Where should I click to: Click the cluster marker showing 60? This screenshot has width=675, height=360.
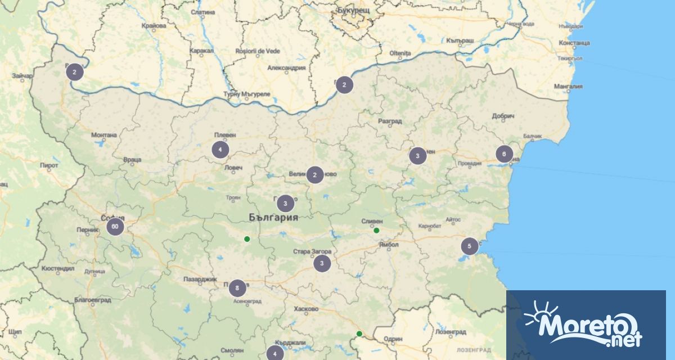(x=115, y=227)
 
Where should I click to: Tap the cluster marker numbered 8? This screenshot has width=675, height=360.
(x=237, y=288)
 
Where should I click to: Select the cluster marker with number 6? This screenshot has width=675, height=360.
(x=504, y=154)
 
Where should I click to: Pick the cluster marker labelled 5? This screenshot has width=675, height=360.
(x=469, y=246)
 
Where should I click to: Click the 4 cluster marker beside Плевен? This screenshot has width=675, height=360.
(x=220, y=150)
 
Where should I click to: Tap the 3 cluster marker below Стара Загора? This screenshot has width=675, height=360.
(x=322, y=263)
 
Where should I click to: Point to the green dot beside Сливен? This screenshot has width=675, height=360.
(x=376, y=230)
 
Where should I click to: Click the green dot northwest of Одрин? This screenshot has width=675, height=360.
(x=359, y=334)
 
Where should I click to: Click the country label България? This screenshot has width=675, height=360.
(x=273, y=217)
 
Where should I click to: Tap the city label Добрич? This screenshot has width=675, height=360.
(x=503, y=116)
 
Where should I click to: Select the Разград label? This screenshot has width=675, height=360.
(x=390, y=121)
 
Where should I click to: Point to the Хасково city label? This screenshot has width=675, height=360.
(x=306, y=309)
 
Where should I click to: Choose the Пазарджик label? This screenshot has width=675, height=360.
(x=200, y=279)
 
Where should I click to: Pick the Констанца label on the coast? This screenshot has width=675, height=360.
(x=574, y=43)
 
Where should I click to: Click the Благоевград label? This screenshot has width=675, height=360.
(x=92, y=300)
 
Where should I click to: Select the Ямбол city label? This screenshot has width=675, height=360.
(x=389, y=245)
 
